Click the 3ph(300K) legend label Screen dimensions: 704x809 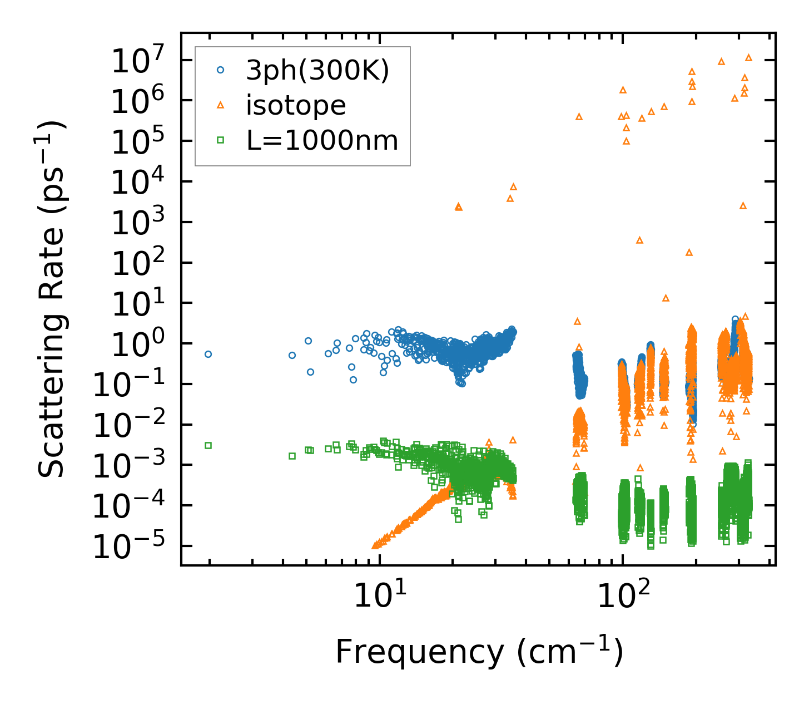coord(317,71)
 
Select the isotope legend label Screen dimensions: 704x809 coord(296,105)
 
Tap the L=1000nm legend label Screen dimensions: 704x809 coord(322,141)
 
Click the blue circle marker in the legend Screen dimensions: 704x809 coord(221,70)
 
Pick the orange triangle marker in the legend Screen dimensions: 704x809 coord(221,105)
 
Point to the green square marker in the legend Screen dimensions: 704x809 coord(221,141)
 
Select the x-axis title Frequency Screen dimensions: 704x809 coord(479,652)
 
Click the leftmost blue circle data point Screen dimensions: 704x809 coord(209,354)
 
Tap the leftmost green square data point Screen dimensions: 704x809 coord(209,445)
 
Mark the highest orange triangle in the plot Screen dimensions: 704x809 coord(748,57)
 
